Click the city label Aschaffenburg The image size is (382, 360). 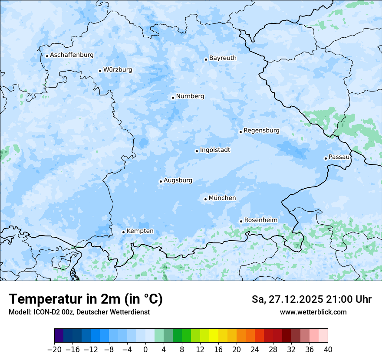[72, 55]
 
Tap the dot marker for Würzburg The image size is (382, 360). [100, 71]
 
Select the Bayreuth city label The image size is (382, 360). [223, 58]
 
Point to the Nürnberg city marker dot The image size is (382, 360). [173, 98]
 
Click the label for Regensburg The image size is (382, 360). [261, 131]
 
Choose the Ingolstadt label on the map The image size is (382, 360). [215, 150]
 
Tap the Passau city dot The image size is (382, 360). [326, 158]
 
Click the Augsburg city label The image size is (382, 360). [178, 180]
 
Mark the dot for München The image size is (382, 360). [205, 200]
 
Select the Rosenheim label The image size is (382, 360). [260, 220]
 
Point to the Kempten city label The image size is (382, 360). [140, 231]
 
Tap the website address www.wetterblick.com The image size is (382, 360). [313, 312]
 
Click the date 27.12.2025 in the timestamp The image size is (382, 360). [295, 299]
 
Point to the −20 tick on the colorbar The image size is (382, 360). [54, 350]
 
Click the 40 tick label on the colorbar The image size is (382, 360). [328, 350]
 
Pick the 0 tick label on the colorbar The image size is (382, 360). [145, 350]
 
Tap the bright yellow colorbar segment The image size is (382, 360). [214, 336]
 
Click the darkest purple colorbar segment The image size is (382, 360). [59, 336]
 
